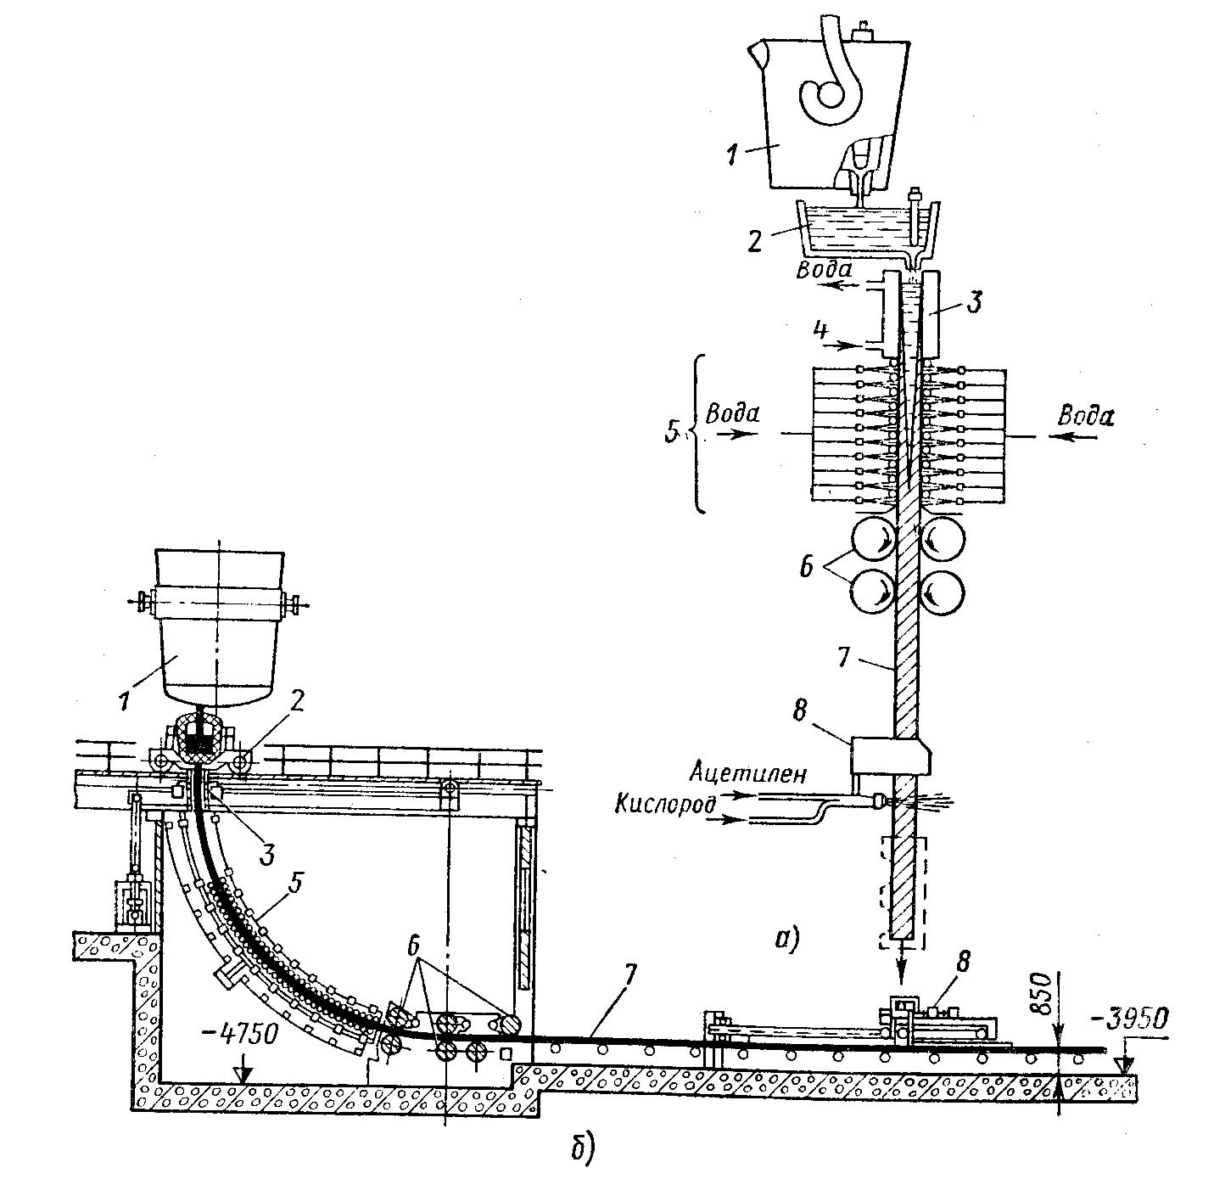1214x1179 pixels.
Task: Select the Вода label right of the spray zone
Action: pos(1085,416)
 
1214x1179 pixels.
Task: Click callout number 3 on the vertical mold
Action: pos(976,300)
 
